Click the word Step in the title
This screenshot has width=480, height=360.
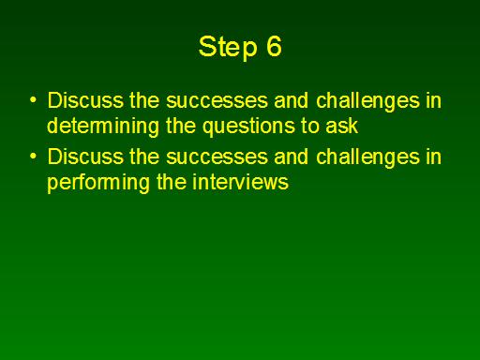[228, 47]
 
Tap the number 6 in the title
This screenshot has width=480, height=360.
[274, 46]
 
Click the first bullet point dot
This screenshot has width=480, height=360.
[33, 100]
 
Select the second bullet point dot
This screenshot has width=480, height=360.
[33, 157]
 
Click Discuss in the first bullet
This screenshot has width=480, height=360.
[85, 100]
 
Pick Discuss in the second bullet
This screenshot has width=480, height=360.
[85, 157]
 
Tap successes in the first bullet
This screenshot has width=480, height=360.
[217, 101]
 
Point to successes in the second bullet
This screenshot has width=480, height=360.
[217, 157]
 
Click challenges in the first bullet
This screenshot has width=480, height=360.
[367, 101]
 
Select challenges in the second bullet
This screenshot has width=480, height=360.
[367, 157]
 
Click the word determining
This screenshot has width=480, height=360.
[103, 127]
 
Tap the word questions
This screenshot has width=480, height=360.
[248, 127]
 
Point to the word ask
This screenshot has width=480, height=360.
[342, 126]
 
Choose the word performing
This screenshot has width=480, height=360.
[98, 184]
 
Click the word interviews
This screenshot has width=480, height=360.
[240, 182]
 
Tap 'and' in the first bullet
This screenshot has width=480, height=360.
[292, 100]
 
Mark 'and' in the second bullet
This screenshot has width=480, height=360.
[292, 157]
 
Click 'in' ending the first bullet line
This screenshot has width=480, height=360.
[434, 100]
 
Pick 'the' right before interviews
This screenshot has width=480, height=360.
[172, 182]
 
